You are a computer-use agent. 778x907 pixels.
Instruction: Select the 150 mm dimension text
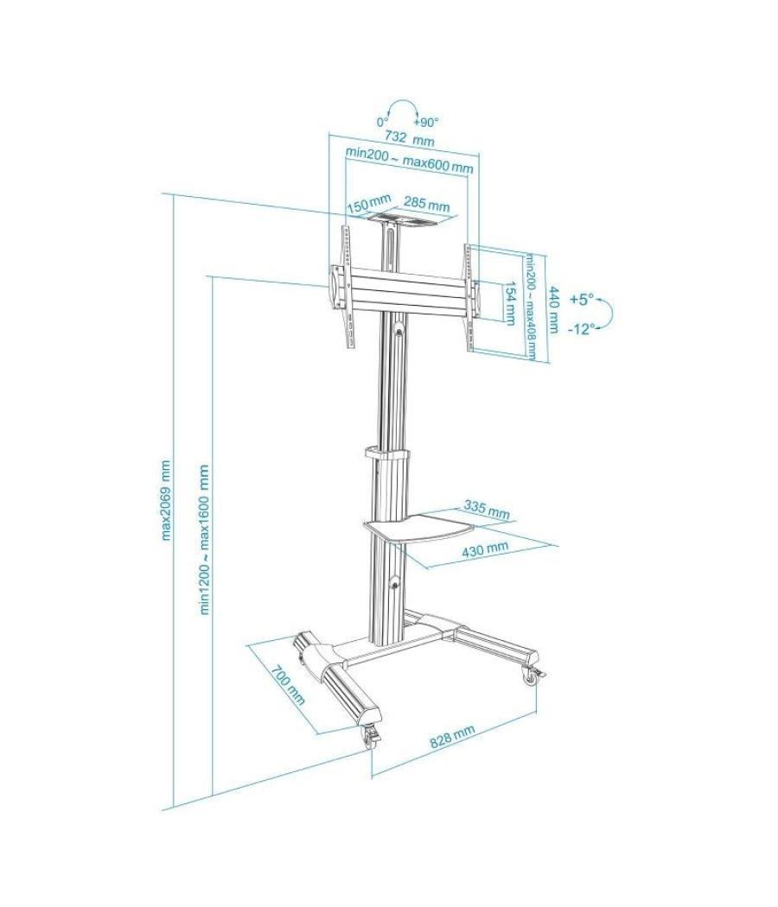coord(364,206)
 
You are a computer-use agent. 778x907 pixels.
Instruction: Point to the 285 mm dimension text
coord(427,206)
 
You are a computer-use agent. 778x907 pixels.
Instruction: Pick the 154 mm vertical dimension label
coord(510,304)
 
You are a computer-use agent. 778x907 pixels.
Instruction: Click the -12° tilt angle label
coord(581,329)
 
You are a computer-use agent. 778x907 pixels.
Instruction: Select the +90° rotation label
coord(426,122)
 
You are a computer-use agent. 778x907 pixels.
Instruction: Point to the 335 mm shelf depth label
coord(486,508)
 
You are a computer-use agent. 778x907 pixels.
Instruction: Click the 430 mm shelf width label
coord(485,548)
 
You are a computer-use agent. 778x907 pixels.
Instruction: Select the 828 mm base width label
coord(453,737)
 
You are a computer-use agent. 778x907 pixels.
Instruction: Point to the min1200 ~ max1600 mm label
coord(205,540)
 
